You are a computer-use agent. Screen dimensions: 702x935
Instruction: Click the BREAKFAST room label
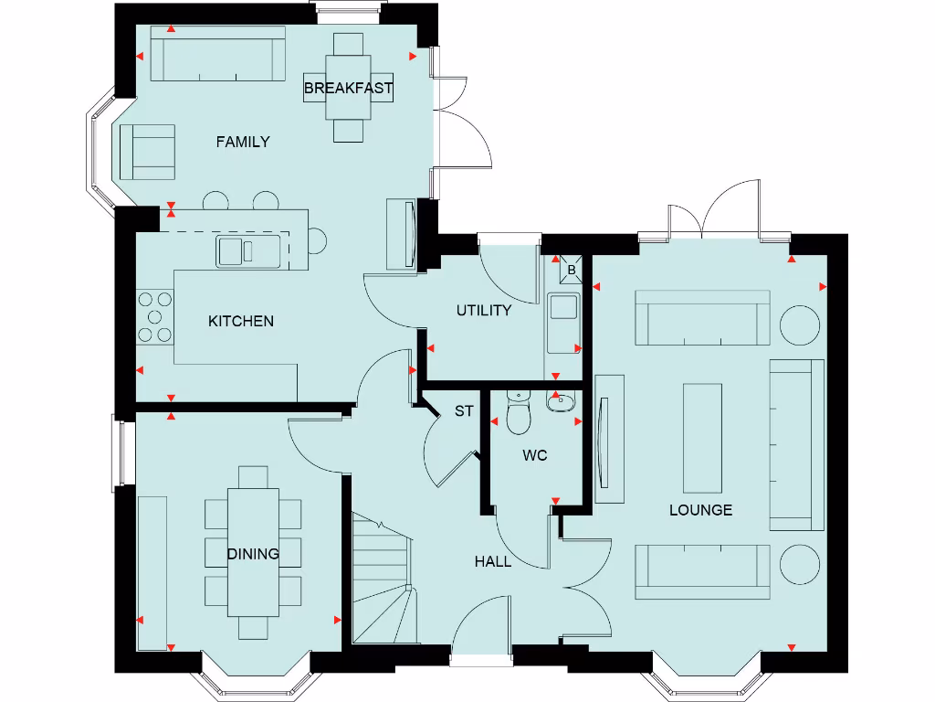coord(348,89)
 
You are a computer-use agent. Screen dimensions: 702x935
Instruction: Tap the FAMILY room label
coord(242,142)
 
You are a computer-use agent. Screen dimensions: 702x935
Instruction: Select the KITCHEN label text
coord(241,321)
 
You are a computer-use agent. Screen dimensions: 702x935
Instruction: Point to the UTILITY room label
coord(484,311)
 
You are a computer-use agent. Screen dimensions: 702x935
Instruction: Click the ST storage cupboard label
coord(464,411)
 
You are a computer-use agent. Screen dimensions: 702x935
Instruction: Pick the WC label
coord(535,455)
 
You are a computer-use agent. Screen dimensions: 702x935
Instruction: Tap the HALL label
coord(493,561)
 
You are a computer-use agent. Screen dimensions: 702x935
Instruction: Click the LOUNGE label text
coord(700,510)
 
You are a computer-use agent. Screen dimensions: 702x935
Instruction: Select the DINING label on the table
coord(253,554)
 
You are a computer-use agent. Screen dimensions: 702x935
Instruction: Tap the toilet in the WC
coord(518,416)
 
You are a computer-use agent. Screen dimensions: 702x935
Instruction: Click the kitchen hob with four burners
coord(154,316)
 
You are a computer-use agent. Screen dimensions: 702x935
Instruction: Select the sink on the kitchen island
coord(247,250)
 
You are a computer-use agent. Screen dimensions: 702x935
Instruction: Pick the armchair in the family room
coord(146,152)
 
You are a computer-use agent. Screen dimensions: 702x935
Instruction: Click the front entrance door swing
coord(480,623)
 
